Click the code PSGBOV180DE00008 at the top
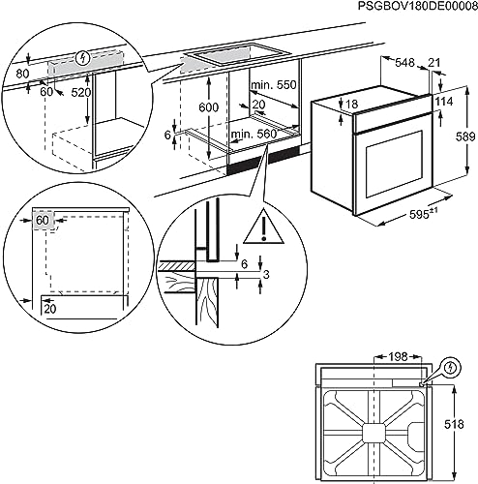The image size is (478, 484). [x=418, y=6]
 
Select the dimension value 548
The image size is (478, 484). [x=404, y=62]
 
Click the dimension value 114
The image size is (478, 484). [x=444, y=102]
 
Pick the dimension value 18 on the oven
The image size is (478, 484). [x=351, y=104]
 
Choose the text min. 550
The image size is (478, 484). [x=274, y=85]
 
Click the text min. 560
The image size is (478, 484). [x=254, y=134]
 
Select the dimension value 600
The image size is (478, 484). [x=208, y=107]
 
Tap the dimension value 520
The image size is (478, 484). [x=81, y=93]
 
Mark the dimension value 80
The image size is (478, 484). [x=22, y=74]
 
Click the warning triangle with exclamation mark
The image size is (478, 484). [x=263, y=227]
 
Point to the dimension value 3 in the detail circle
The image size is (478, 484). [x=266, y=275]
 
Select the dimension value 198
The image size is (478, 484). [x=397, y=356]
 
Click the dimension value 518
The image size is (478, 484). [x=454, y=424]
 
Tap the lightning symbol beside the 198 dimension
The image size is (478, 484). [x=452, y=368]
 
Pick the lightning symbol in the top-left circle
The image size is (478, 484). [x=83, y=58]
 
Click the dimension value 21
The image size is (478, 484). [x=433, y=62]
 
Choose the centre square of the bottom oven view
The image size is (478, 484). [x=374, y=433]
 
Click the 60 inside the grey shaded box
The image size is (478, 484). [x=43, y=221]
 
